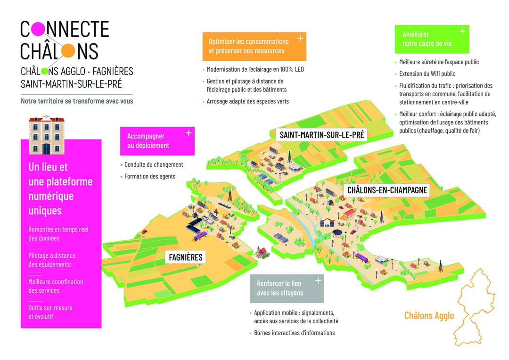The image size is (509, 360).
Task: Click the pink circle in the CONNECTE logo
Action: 38,29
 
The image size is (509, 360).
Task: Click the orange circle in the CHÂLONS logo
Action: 68,50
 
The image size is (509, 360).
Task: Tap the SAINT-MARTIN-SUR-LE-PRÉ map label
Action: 322,135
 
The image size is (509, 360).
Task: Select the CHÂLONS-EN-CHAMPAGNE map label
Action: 387,190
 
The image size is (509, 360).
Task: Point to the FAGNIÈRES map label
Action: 186,257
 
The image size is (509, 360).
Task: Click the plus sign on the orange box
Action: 300,38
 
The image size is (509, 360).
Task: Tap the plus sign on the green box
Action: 463,31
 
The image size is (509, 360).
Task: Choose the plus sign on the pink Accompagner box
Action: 188,133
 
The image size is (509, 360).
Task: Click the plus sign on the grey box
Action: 318,280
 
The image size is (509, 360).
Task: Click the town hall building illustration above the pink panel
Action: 47,135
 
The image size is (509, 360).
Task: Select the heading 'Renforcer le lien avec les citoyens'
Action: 280,288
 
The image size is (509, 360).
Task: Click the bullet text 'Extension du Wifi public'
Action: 427,74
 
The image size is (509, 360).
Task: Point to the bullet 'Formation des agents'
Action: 150,176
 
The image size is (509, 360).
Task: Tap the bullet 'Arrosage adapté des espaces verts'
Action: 248,101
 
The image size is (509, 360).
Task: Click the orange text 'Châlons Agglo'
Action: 429,316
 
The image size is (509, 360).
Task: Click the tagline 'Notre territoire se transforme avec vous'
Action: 77,101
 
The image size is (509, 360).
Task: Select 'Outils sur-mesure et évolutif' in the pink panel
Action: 50,312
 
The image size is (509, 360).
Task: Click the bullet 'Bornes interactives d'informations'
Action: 294,333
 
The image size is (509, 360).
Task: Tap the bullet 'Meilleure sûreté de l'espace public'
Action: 439,62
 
